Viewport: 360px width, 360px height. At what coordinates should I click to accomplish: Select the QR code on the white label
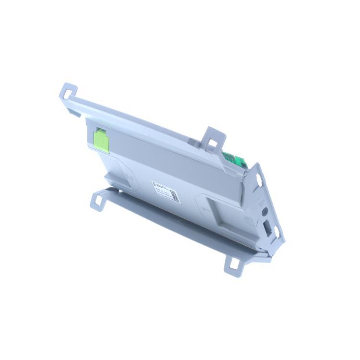coord(175,195)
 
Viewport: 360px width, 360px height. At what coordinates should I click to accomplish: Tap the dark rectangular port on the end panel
coord(268,228)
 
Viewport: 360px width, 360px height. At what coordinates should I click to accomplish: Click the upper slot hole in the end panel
coord(259,180)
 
